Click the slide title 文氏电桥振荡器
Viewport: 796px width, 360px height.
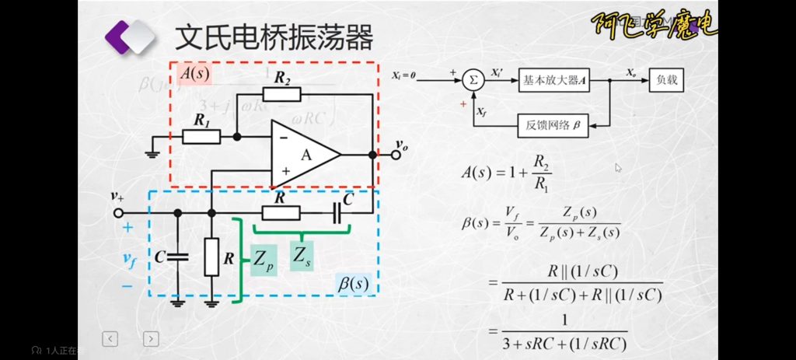click(274, 36)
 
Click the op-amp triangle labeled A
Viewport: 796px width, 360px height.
click(304, 155)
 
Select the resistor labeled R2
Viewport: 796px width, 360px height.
click(281, 94)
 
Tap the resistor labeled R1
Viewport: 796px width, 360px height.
click(202, 137)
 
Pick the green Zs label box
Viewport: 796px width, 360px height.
click(303, 254)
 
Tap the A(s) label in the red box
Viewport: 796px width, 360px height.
click(194, 73)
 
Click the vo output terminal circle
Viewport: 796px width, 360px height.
click(396, 155)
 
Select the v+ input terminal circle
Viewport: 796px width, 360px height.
click(119, 212)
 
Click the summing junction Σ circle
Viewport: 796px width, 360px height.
click(472, 79)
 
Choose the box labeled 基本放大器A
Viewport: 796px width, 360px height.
click(554, 79)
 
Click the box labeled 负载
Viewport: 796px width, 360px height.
click(666, 79)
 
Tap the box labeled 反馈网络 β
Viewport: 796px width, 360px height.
click(554, 124)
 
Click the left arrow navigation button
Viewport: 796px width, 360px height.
click(111, 338)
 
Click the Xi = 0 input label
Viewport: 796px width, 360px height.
click(404, 75)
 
